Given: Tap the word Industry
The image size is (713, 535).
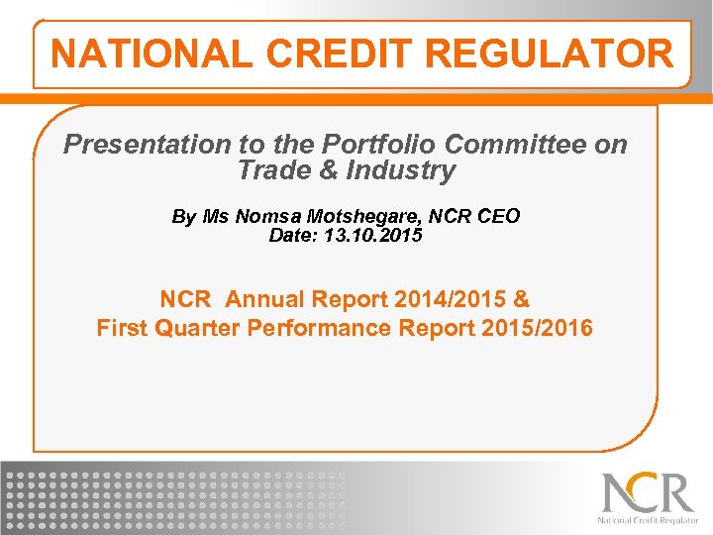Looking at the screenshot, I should (x=400, y=170).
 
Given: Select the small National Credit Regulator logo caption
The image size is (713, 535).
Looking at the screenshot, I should (x=648, y=519).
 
